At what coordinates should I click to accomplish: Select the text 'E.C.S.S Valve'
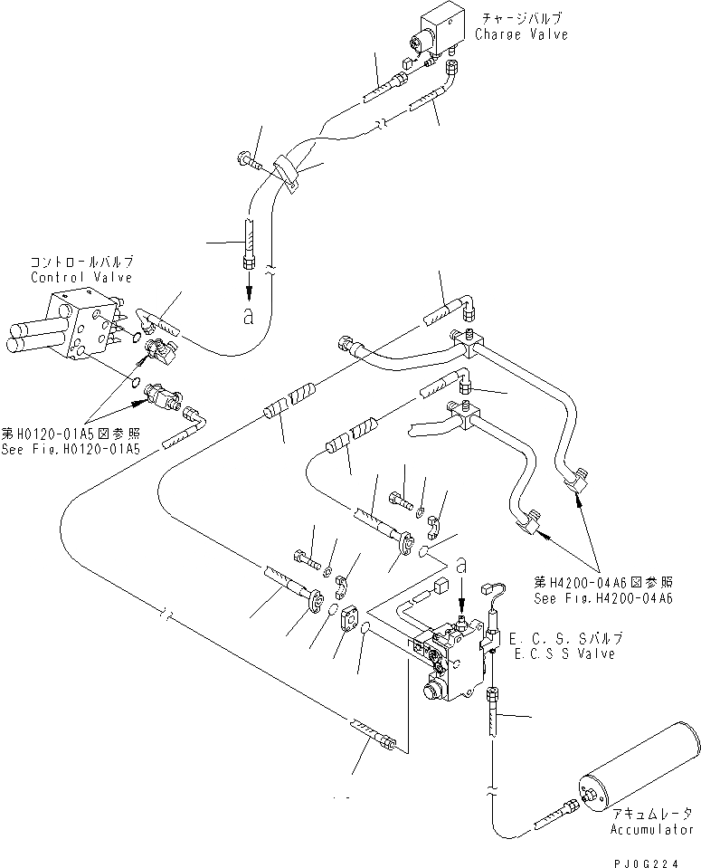point(564,653)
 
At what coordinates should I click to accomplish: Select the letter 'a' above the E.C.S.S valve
point(462,563)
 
